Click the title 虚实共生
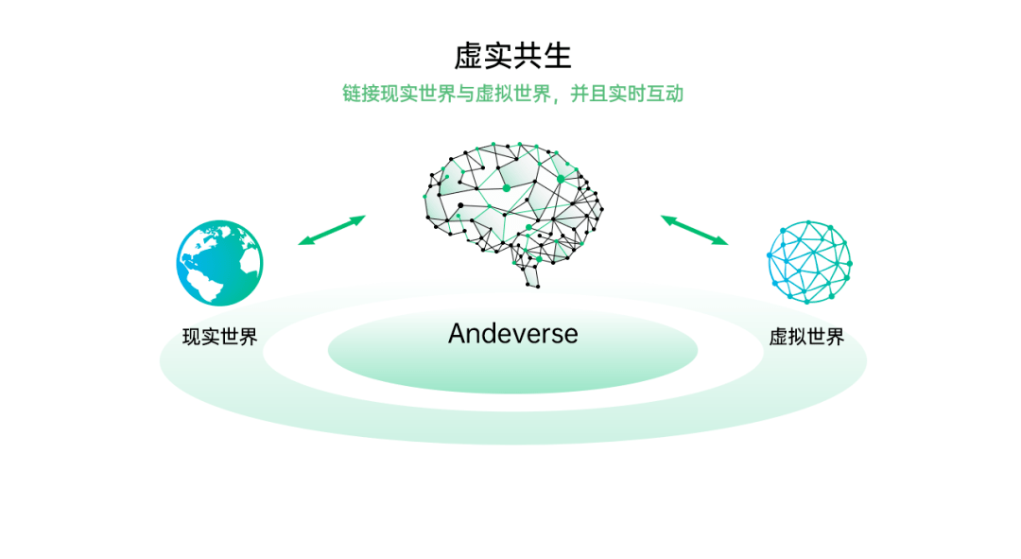click(512, 56)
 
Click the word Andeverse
click(513, 334)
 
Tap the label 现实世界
click(220, 337)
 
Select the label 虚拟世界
click(806, 337)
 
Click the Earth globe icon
click(219, 263)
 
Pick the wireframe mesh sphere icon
click(809, 262)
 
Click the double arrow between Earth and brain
click(332, 230)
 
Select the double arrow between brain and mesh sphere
click(694, 230)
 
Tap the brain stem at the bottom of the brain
click(531, 273)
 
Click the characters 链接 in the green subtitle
click(361, 94)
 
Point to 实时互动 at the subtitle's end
click(646, 94)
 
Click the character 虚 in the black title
click(468, 56)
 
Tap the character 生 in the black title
click(558, 56)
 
